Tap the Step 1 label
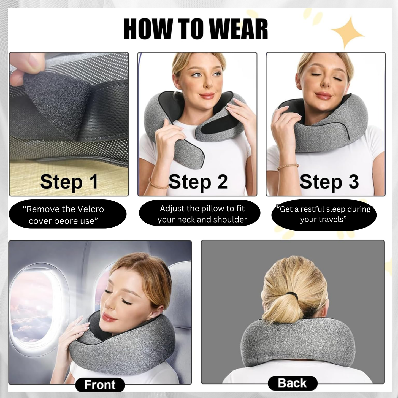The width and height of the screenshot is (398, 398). [x=69, y=182]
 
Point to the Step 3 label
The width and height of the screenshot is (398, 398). [x=329, y=182]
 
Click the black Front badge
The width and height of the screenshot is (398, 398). [x=100, y=385]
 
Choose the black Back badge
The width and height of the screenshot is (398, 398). [x=293, y=383]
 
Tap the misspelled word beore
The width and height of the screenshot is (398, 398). [x=67, y=221]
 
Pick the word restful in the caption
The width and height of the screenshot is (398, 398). [x=312, y=209]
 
